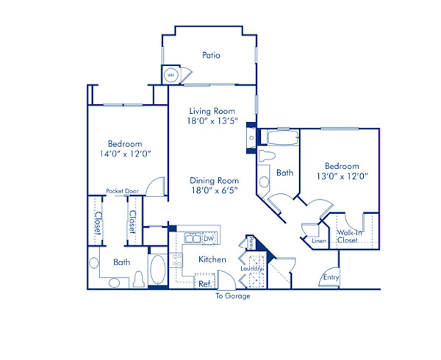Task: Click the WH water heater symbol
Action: tap(171, 74)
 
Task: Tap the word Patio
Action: tap(212, 55)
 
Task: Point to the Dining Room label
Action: tap(215, 181)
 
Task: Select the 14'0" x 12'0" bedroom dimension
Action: tap(125, 156)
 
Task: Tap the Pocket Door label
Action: tap(122, 191)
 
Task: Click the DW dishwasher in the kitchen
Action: tap(209, 238)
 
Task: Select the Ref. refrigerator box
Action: tap(205, 282)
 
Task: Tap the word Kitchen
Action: tap(212, 259)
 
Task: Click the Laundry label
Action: tap(251, 269)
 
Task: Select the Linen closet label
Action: tap(318, 241)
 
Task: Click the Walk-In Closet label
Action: tap(349, 236)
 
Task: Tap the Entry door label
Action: tap(331, 277)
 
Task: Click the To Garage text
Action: tap(233, 296)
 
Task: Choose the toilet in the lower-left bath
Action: tap(138, 280)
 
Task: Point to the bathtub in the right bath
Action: tap(282, 138)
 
